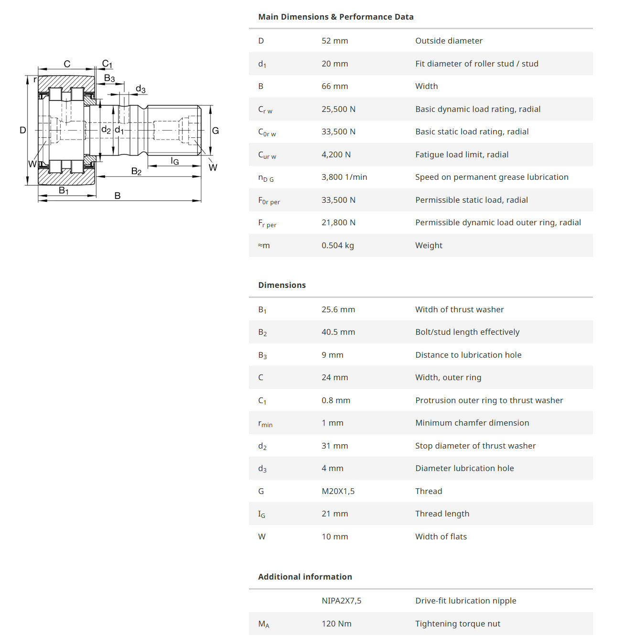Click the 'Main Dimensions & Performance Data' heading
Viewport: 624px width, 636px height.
[335, 17]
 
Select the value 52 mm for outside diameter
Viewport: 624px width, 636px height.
[334, 41]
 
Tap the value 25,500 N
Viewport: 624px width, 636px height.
[338, 109]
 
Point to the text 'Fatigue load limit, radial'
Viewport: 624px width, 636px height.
[462, 154]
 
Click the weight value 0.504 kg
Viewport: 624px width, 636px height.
[337, 245]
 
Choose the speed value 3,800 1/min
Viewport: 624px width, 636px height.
[344, 177]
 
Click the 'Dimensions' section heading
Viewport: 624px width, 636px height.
[282, 285]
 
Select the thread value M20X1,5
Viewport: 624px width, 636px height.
[338, 491]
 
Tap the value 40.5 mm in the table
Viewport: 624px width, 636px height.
[338, 332]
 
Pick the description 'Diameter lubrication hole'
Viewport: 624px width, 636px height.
[464, 468]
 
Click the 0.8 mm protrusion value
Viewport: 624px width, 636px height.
[335, 400]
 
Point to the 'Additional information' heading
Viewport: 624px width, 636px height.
[305, 577]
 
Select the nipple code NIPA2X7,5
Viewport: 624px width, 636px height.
[341, 601]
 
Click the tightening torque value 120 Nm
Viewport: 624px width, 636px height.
[336, 624]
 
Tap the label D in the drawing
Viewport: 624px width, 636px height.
[22, 130]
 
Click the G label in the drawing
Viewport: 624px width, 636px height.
[215, 131]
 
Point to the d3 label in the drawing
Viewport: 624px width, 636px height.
[140, 89]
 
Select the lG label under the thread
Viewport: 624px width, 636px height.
[175, 161]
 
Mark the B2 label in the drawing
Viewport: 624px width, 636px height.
[136, 171]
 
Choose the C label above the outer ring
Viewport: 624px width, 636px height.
[67, 64]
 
